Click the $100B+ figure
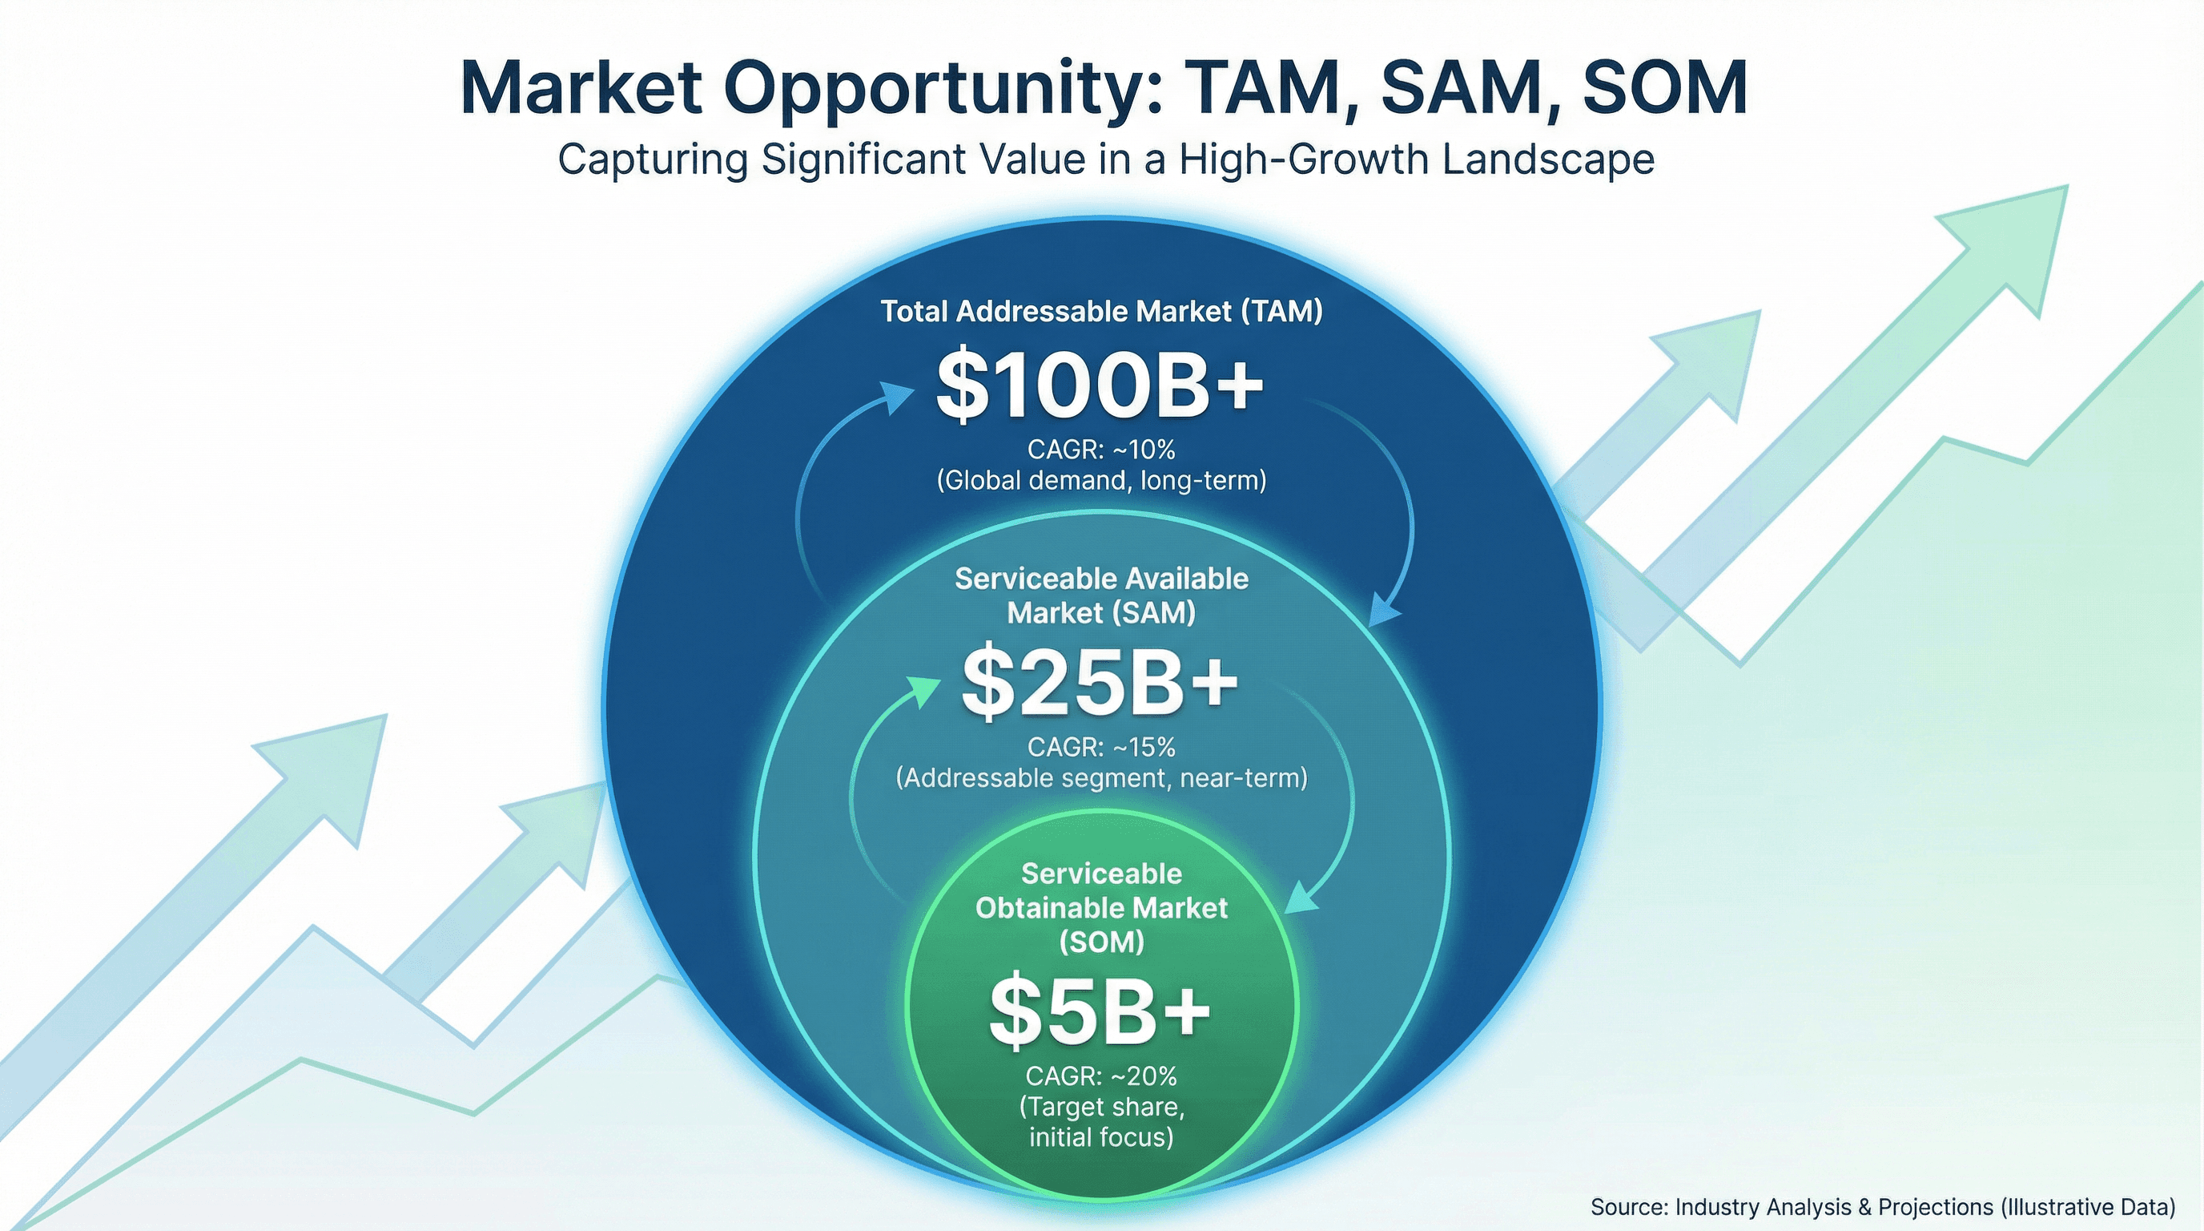(x=1100, y=385)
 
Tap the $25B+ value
(x=1100, y=682)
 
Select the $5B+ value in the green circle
(x=1100, y=1012)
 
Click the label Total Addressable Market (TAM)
(x=1102, y=311)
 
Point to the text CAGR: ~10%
(x=1101, y=449)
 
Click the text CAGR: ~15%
(x=1101, y=747)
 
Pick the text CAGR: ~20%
(x=1101, y=1076)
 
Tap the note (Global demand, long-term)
(x=1101, y=480)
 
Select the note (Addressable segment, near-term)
(x=1101, y=778)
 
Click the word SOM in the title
(x=1664, y=88)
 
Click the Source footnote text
(x=1882, y=1207)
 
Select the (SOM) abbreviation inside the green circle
(x=1101, y=942)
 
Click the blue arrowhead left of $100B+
(x=899, y=398)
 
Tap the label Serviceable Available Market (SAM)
(x=1101, y=595)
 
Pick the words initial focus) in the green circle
(x=1101, y=1138)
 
